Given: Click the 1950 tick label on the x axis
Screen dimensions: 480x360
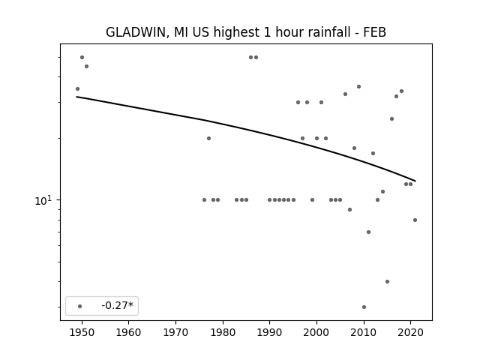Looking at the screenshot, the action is click(x=82, y=333).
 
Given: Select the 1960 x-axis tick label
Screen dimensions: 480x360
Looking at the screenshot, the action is click(x=128, y=333).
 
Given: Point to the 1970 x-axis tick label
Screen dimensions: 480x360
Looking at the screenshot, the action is click(x=175, y=333).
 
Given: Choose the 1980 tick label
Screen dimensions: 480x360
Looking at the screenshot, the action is click(x=223, y=333).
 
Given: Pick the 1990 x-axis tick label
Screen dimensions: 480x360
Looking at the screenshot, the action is click(x=270, y=333).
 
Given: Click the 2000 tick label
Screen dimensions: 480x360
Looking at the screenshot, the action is click(x=316, y=333).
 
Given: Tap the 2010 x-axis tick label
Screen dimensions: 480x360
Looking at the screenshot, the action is click(x=364, y=333).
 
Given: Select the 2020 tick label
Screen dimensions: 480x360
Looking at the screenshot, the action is click(x=411, y=333).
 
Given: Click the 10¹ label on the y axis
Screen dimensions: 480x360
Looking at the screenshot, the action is click(x=43, y=201).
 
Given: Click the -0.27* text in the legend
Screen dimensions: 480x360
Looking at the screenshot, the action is click(x=118, y=305).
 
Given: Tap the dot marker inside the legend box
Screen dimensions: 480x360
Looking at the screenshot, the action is click(x=80, y=306).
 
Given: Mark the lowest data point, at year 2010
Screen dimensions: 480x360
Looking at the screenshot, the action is click(x=364, y=307).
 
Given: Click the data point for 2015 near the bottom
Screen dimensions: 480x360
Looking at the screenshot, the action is click(x=387, y=282).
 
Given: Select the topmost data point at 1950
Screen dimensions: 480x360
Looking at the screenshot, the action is click(x=82, y=57).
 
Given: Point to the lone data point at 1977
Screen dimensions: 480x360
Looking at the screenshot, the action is click(x=208, y=138).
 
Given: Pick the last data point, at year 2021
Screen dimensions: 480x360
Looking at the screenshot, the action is click(x=415, y=220).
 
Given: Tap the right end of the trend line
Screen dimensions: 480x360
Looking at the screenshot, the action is click(x=415, y=181).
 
